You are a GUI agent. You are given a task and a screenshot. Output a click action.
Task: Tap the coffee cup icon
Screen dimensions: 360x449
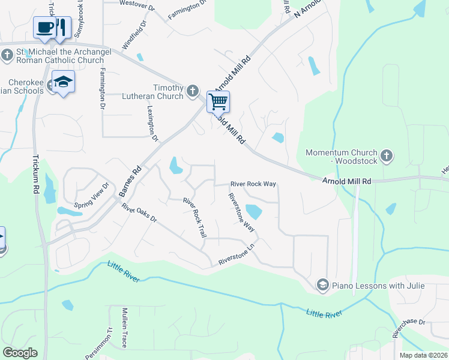(44, 27)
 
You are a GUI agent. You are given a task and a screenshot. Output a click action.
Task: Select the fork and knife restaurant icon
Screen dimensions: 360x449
(62, 27)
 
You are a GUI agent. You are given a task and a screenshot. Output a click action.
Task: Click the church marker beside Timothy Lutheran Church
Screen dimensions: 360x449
(192, 91)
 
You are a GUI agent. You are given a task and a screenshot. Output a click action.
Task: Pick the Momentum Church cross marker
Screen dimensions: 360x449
(387, 157)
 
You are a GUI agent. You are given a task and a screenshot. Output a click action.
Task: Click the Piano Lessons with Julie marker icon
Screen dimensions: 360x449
(323, 284)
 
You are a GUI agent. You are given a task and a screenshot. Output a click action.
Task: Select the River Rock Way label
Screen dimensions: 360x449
(253, 184)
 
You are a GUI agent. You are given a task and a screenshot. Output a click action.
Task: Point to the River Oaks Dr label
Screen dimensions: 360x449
(139, 213)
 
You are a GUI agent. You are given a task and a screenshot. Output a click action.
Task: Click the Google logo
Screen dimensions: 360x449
(20, 353)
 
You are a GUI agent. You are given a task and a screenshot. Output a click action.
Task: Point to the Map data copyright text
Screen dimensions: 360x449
(423, 355)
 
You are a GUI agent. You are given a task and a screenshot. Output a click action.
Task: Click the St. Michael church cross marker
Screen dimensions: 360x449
(7, 56)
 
